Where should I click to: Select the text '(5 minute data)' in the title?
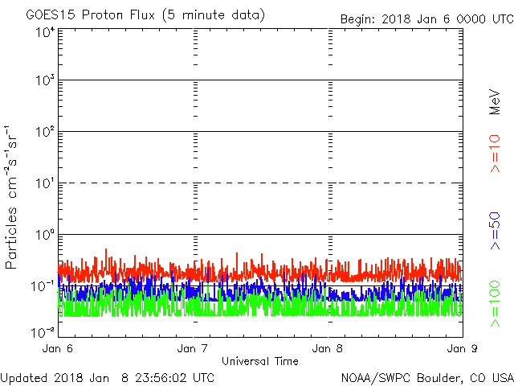tap(218, 15)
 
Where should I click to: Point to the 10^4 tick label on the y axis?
tap(44, 31)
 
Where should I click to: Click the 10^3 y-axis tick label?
tap(44, 80)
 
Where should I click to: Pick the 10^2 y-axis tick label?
tap(44, 132)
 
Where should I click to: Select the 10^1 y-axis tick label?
tap(44, 183)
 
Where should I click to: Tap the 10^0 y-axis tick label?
tap(44, 235)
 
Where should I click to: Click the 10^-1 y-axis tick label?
tap(43, 286)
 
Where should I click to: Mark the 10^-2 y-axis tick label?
tap(43, 331)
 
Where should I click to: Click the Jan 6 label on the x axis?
tap(58, 349)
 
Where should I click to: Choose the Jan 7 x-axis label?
tap(193, 349)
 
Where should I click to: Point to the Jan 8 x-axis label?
tap(328, 349)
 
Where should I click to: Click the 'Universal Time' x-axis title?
tap(259, 361)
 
